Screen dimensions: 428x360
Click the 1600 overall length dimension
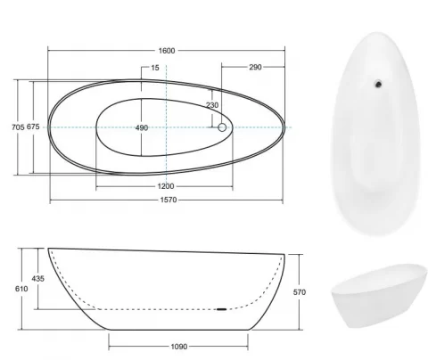pyautogui.click(x=167, y=51)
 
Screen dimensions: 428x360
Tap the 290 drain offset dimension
pyautogui.click(x=255, y=67)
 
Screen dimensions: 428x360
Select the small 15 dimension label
pyautogui.click(x=155, y=68)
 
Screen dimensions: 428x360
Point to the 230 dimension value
pyautogui.click(x=212, y=105)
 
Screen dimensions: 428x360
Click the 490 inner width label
pyautogui.click(x=142, y=127)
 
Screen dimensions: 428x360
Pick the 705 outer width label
pyautogui.click(x=18, y=127)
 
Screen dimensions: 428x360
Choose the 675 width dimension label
pyautogui.click(x=33, y=127)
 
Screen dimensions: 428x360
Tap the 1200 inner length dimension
pyautogui.click(x=166, y=186)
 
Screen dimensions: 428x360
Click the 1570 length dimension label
pyautogui.click(x=169, y=200)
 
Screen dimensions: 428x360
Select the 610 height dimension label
pyautogui.click(x=21, y=289)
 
